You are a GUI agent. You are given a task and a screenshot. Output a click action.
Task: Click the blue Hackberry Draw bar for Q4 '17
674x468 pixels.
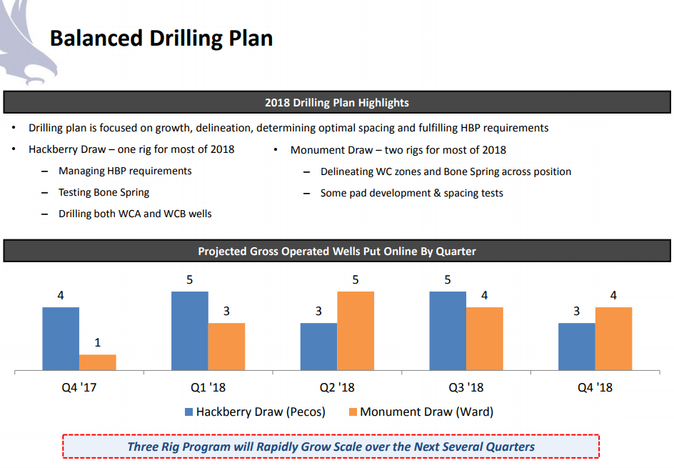coord(61,339)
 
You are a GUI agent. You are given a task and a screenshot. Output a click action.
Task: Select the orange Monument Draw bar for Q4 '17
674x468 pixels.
coord(98,362)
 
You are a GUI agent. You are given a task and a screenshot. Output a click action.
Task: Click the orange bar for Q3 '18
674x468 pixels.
coord(485,339)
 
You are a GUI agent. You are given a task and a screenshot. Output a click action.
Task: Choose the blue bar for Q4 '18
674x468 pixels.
coord(577,347)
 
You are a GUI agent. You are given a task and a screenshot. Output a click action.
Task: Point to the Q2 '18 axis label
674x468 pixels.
coord(337,388)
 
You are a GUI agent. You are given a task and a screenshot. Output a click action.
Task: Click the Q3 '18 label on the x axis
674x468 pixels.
coord(466,388)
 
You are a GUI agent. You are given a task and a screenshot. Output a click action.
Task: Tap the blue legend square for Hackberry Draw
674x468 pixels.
coord(188,412)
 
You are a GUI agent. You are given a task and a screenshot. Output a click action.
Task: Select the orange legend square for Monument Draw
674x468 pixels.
coord(353,412)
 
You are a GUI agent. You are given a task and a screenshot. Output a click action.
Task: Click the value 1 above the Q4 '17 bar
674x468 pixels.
coord(98,343)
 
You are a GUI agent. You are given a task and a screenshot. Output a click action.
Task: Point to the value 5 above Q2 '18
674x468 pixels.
coord(356,280)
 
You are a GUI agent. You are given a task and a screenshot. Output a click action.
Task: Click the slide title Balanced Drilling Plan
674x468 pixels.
coord(161,38)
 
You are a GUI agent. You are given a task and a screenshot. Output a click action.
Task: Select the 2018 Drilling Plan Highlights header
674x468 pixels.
coord(337,103)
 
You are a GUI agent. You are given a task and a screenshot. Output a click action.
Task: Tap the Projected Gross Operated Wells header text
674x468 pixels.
coord(337,252)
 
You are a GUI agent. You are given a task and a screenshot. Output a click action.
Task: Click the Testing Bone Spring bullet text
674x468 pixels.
coord(104,193)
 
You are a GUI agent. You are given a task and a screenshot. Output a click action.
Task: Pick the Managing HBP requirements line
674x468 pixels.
coord(125,171)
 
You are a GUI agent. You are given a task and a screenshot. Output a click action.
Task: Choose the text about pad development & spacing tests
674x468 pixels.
coord(412,193)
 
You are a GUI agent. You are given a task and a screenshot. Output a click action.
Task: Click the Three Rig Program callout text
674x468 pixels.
coord(331,447)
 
